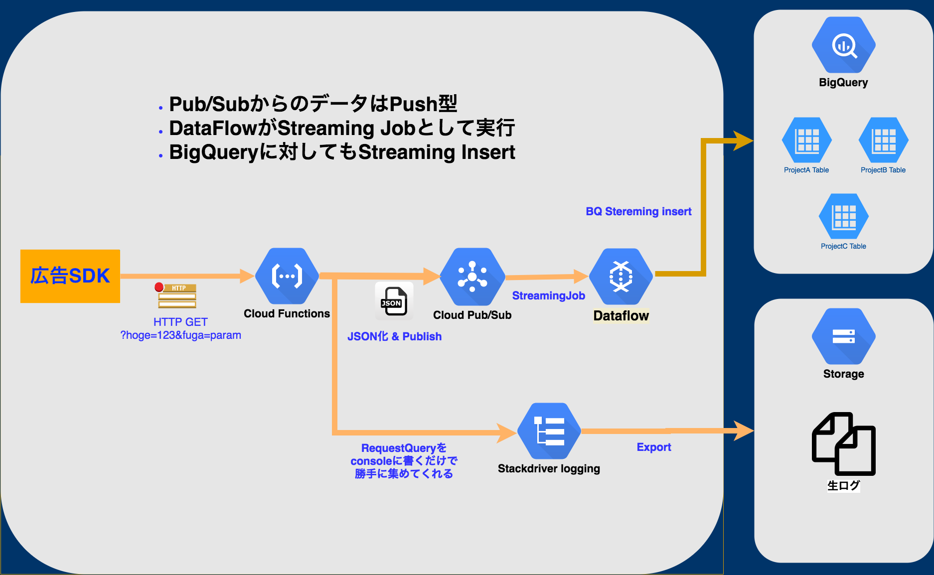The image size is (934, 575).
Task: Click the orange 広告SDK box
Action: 70,276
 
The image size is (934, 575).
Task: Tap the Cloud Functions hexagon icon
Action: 287,276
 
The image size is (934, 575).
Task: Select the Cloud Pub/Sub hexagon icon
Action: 472,277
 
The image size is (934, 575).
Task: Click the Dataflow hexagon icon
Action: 621,277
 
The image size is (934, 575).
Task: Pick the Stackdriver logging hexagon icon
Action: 549,431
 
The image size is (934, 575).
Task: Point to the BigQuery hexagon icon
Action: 843,45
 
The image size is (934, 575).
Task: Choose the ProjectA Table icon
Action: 806,140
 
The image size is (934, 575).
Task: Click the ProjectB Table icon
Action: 883,140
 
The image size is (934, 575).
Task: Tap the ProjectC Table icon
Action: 843,216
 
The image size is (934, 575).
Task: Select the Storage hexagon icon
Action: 843,336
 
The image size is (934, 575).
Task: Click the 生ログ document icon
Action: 843,443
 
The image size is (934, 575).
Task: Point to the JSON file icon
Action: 394,301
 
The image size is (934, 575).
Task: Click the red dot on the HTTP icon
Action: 159,287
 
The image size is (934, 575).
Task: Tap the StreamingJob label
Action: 548,295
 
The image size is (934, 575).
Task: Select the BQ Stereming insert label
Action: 638,211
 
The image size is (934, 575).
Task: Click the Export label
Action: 653,447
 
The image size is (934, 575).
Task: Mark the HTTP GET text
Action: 180,322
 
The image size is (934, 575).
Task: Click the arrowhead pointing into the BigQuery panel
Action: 743,141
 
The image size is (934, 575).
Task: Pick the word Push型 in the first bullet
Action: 423,104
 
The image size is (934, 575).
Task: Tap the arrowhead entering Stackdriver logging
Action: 507,432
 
